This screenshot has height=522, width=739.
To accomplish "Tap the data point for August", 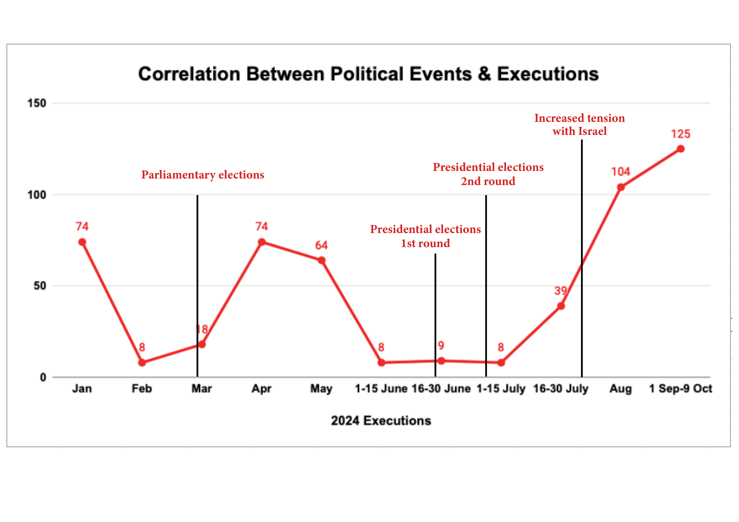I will point(621,187).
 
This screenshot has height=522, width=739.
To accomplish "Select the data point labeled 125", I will point(680,149).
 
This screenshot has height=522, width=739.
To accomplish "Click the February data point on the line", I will point(142,362).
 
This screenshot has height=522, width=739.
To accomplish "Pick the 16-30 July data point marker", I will point(561,306).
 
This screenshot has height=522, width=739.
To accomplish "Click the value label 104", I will point(621,172).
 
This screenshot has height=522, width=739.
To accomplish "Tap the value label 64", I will point(321,245).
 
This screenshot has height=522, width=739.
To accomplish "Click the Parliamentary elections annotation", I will point(203,175).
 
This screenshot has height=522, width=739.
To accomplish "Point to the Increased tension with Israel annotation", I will point(579,124).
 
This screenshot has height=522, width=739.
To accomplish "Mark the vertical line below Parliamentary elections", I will point(197,273).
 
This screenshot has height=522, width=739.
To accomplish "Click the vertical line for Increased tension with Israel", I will point(582,225).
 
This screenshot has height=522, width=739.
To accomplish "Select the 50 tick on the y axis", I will point(40,286).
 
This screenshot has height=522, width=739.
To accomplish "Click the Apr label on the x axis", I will point(261,389).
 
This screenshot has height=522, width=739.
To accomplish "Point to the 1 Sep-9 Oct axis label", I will point(680,389).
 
